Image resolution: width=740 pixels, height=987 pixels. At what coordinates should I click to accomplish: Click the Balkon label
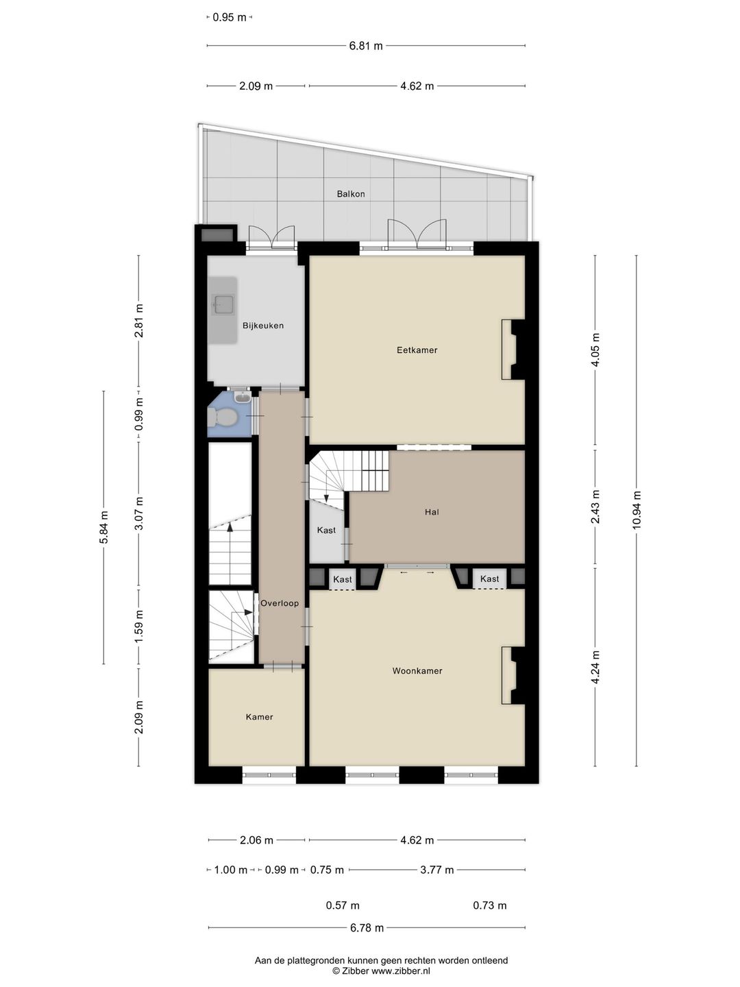tap(350, 194)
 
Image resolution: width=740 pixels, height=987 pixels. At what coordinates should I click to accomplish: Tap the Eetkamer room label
tap(417, 350)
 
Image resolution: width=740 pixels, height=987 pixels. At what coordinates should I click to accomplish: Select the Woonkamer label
tap(417, 671)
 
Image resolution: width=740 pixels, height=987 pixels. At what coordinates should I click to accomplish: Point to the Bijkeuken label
tap(263, 326)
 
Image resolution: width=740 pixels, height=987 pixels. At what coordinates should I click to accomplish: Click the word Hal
tap(432, 512)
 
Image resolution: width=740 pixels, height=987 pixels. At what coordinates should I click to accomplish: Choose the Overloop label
tap(280, 603)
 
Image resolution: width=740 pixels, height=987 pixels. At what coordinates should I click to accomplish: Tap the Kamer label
tap(259, 717)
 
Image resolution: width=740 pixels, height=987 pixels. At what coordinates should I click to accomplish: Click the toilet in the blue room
tap(222, 417)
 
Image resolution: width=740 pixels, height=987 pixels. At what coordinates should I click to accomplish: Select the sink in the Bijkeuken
tap(223, 304)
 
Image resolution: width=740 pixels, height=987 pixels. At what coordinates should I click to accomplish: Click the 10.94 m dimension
tap(637, 511)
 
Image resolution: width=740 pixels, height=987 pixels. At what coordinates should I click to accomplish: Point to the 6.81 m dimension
tap(366, 46)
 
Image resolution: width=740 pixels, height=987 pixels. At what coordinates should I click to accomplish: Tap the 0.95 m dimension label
tap(229, 18)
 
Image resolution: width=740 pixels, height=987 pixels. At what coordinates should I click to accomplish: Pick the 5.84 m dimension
tap(103, 527)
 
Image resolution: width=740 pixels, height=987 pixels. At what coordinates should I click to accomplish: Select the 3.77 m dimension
tap(436, 870)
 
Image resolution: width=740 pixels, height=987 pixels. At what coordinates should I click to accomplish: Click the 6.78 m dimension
tap(367, 927)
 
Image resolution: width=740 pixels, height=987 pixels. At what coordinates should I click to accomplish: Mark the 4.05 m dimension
tap(595, 350)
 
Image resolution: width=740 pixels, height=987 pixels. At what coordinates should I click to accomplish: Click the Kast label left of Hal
tap(326, 530)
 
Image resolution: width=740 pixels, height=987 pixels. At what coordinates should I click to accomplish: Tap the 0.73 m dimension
tap(489, 905)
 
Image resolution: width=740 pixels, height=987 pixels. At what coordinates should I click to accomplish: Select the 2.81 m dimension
tap(139, 321)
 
